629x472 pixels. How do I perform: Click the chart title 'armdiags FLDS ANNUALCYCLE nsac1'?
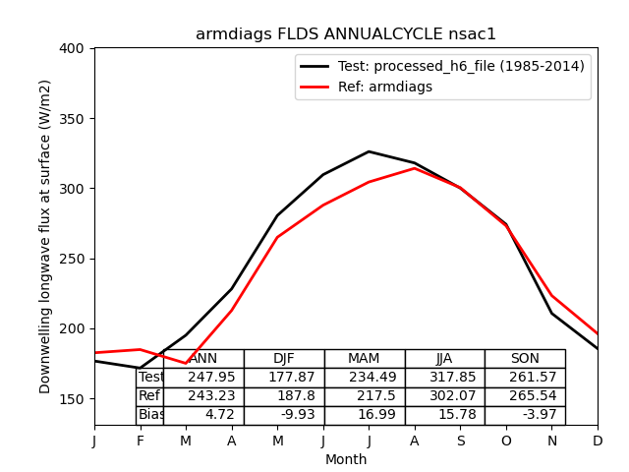pos(346,34)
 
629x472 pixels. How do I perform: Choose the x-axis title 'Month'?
pos(346,459)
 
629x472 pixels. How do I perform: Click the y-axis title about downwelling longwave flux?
pos(45,236)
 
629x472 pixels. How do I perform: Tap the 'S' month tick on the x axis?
pos(460,441)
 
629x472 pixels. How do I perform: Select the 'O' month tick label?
pos(506,441)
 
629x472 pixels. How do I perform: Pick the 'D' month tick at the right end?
pos(598,441)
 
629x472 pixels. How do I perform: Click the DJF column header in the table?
pos(284,359)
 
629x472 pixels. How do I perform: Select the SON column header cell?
pos(525,359)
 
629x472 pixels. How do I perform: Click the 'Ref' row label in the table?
pos(149,396)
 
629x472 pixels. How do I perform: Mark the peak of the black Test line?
pos(369,151)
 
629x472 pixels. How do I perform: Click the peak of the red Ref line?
pos(415,168)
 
